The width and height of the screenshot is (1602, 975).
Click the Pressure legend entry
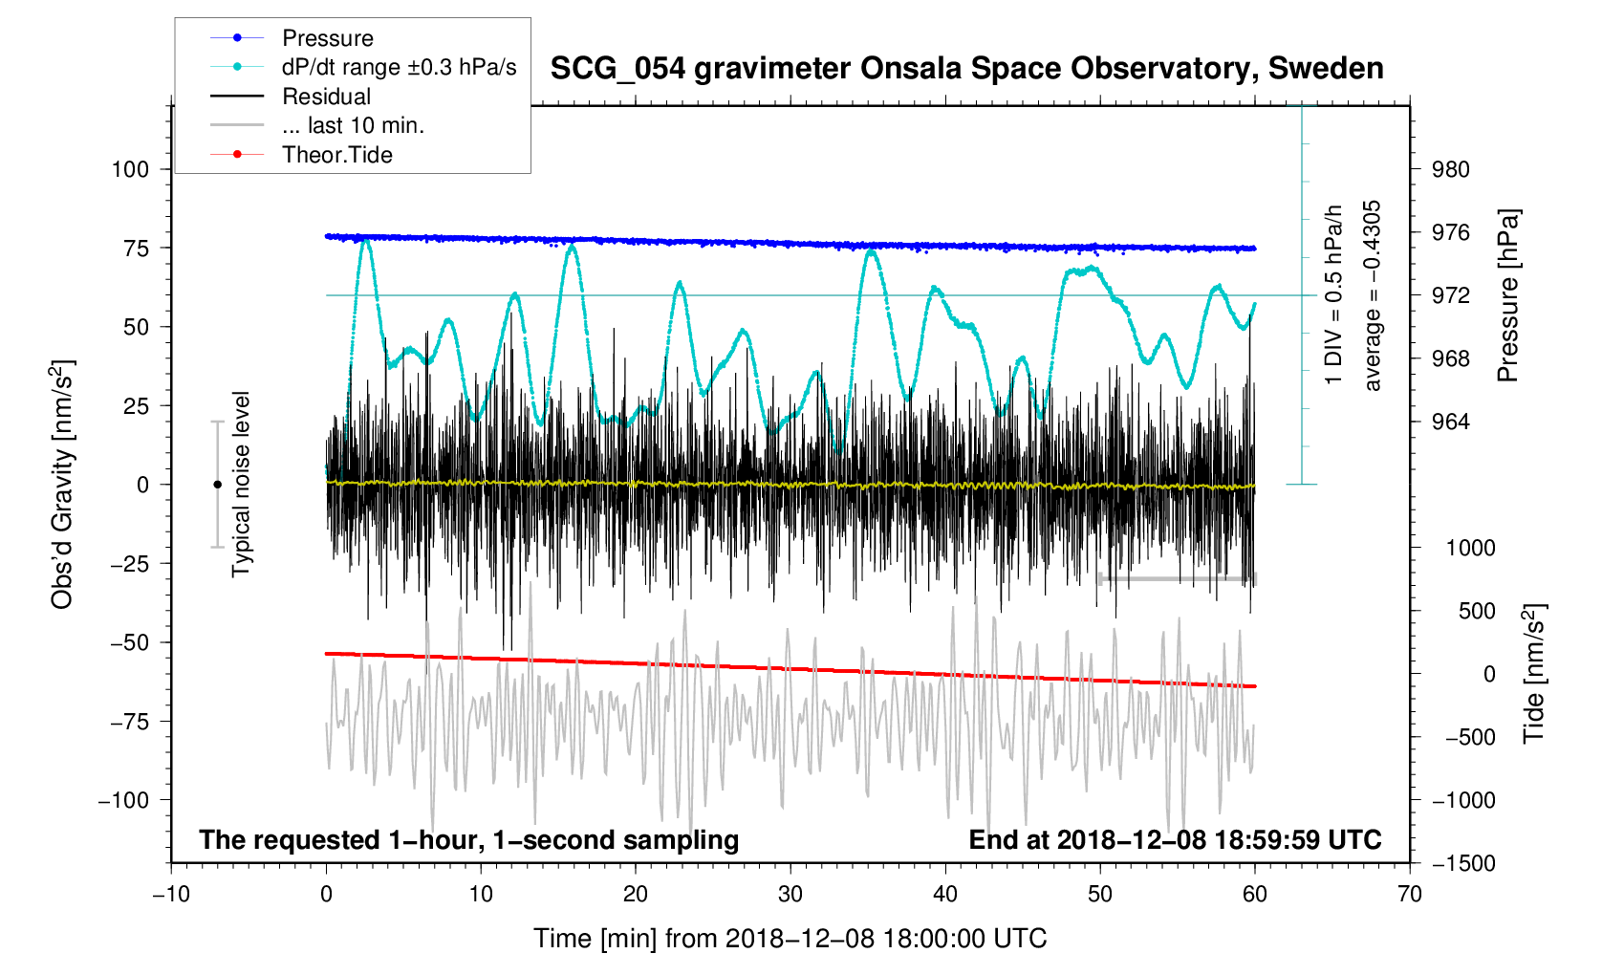coord(327,38)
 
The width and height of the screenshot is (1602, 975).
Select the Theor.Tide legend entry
coord(336,155)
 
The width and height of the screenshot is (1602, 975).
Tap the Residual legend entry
coord(326,97)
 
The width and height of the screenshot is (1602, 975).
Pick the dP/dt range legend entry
coord(399,67)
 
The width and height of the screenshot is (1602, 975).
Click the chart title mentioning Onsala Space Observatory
coord(966,69)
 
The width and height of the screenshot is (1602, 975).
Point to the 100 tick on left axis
coord(130,169)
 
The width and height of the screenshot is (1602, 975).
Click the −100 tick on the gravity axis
coord(123,800)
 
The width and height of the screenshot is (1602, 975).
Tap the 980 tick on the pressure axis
coord(1450,169)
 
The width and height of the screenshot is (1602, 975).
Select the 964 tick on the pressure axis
coord(1450,422)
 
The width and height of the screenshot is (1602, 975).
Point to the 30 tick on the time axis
coord(790,895)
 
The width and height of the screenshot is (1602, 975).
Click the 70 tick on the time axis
coord(1409,895)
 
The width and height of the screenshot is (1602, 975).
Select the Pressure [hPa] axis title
coord(1508,295)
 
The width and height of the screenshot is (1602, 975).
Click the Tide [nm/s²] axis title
coord(1534,674)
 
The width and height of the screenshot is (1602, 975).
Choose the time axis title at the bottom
coord(790,939)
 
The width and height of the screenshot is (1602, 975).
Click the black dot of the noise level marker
coord(217,485)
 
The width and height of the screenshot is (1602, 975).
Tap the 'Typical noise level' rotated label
coord(241,485)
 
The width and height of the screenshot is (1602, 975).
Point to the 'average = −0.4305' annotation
coord(1373,295)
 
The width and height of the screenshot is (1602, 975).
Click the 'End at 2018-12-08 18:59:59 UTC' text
coord(1175,840)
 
